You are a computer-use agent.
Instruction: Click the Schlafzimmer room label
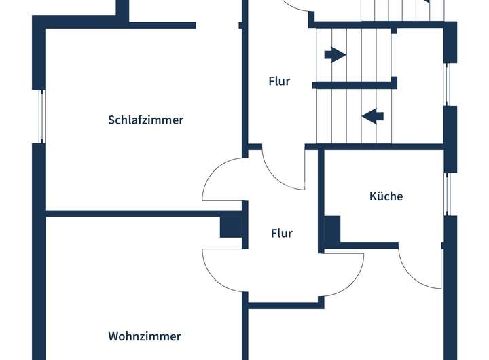pyautogui.click(x=145, y=120)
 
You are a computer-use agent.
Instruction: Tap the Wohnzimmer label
pyautogui.click(x=144, y=336)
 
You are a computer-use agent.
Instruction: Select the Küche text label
pyautogui.click(x=386, y=196)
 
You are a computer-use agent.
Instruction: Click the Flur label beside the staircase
pyautogui.click(x=278, y=81)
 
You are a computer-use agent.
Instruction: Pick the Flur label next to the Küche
pyautogui.click(x=281, y=233)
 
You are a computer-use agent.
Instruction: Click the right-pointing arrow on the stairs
pyautogui.click(x=335, y=54)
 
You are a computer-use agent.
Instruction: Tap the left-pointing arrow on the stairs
pyautogui.click(x=372, y=116)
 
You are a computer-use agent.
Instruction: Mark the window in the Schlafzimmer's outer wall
pyautogui.click(x=41, y=116)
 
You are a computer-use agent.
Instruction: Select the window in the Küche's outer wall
pyautogui.click(x=447, y=194)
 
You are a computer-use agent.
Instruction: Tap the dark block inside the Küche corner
pyautogui.click(x=332, y=230)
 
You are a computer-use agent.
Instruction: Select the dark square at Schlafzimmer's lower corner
pyautogui.click(x=231, y=226)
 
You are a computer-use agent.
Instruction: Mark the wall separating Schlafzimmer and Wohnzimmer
pyautogui.click(x=136, y=213)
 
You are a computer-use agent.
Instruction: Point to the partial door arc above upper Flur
pyautogui.click(x=296, y=7)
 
